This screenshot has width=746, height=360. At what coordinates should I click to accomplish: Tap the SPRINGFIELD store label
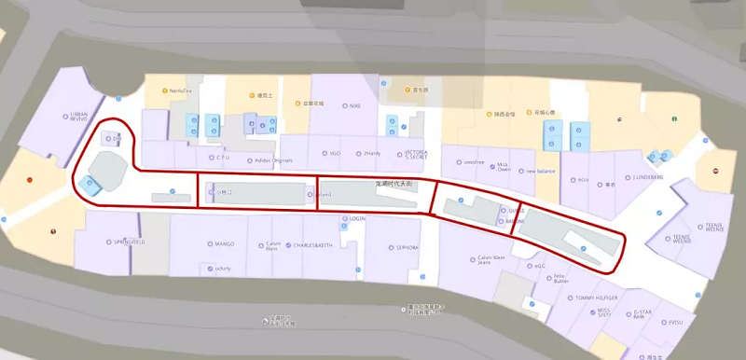[130, 242]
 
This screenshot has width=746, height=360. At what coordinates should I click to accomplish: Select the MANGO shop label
[224, 244]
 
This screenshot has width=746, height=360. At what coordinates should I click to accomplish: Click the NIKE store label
[354, 105]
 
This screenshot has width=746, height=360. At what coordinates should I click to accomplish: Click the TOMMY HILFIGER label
[597, 298]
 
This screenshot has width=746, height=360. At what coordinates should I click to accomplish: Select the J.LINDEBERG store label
[647, 176]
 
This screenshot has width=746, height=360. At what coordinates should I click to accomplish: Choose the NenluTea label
[181, 90]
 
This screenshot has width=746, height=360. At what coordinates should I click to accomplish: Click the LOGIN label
[357, 218]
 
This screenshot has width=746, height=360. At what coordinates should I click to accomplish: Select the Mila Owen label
[504, 167]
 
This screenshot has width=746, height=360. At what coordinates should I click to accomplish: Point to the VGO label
[335, 153]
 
